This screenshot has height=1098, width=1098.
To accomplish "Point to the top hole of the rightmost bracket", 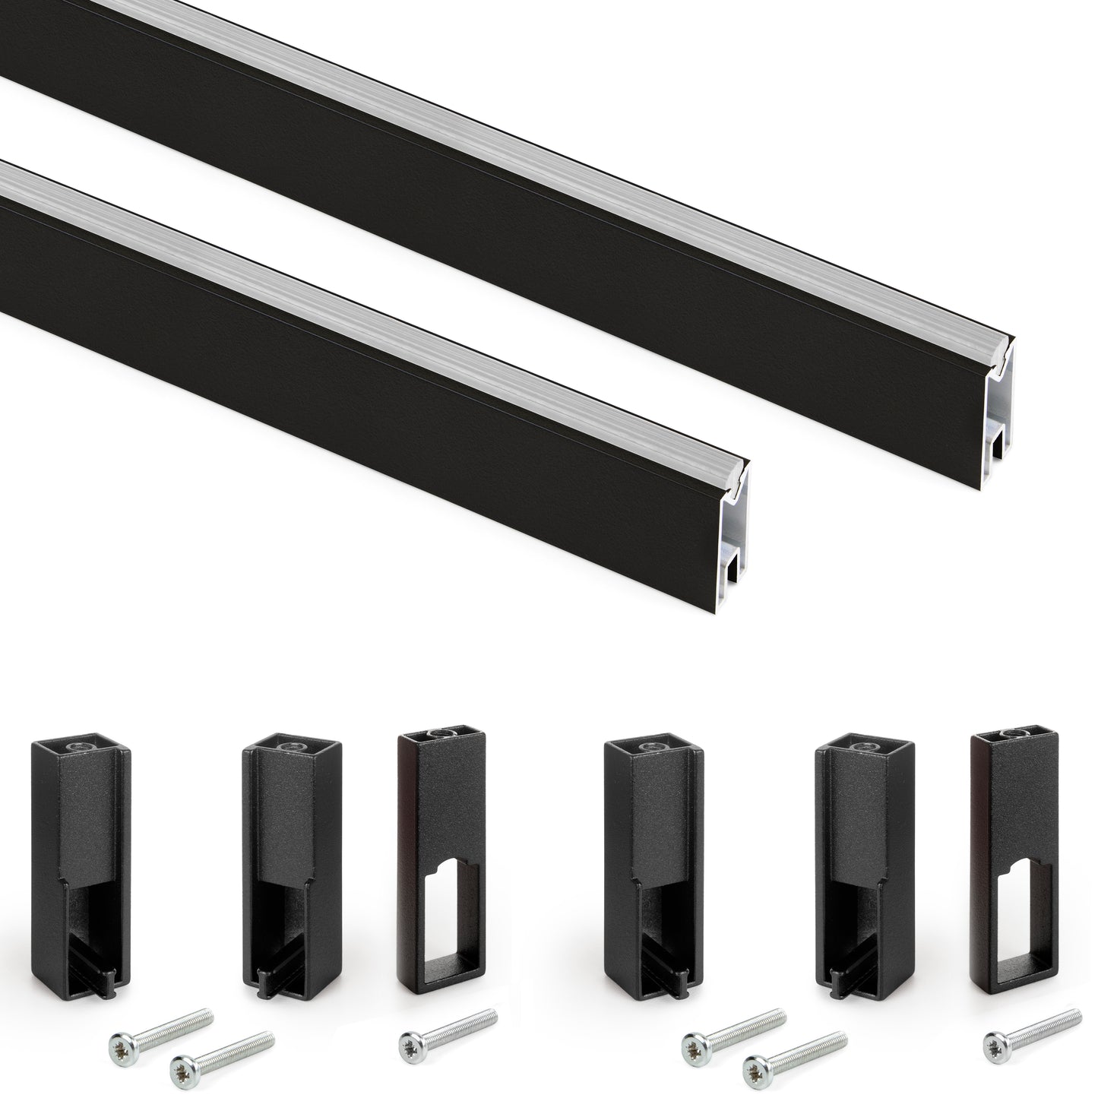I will click(1010, 735).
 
